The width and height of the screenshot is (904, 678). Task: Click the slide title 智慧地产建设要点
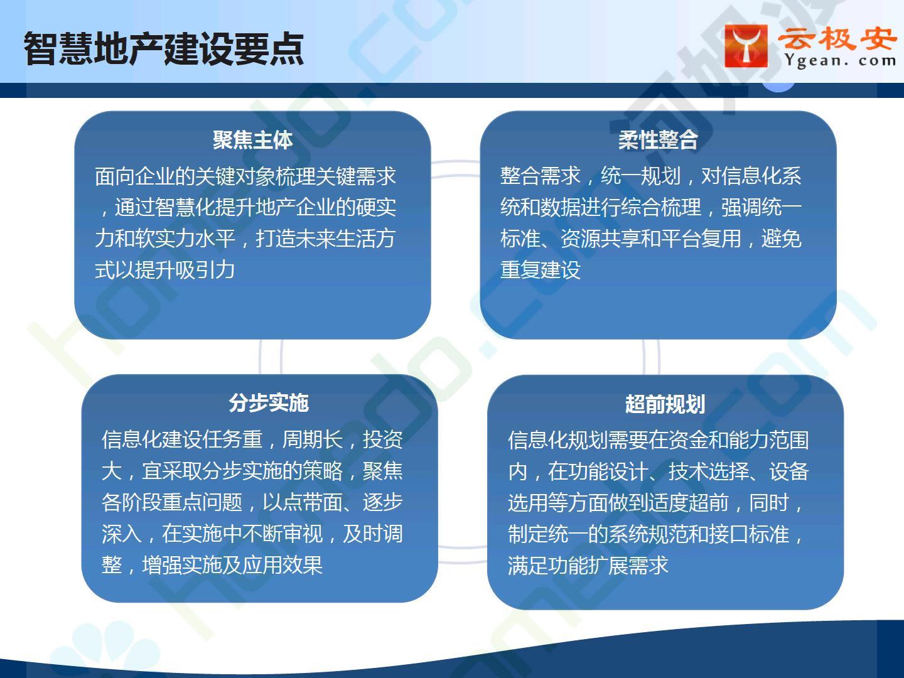click(163, 48)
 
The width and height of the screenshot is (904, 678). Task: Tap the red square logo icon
click(746, 46)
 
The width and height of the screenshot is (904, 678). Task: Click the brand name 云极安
click(837, 39)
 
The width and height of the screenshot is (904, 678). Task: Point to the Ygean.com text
click(840, 61)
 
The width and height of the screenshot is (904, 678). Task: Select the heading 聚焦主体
click(252, 140)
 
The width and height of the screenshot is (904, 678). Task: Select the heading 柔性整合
click(658, 140)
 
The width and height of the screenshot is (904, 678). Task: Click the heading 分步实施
click(269, 402)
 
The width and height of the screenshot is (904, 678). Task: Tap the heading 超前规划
click(665, 404)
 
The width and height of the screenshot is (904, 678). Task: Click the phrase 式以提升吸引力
click(164, 270)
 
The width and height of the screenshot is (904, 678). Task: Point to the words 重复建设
click(541, 270)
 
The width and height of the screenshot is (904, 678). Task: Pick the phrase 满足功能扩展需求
click(588, 565)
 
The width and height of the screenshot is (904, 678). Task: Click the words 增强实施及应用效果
click(232, 565)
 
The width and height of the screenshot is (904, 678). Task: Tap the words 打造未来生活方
click(325, 239)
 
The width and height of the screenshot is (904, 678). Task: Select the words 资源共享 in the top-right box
click(600, 239)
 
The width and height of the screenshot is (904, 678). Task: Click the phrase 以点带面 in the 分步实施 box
click(303, 502)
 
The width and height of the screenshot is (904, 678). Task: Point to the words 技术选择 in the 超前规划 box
click(708, 471)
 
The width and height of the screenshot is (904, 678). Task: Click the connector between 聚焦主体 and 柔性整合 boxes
click(455, 169)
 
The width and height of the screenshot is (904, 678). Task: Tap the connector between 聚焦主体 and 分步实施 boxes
click(271, 357)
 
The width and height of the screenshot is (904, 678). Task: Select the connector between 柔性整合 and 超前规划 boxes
click(651, 357)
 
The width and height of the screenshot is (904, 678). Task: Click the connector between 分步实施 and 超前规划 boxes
click(462, 554)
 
